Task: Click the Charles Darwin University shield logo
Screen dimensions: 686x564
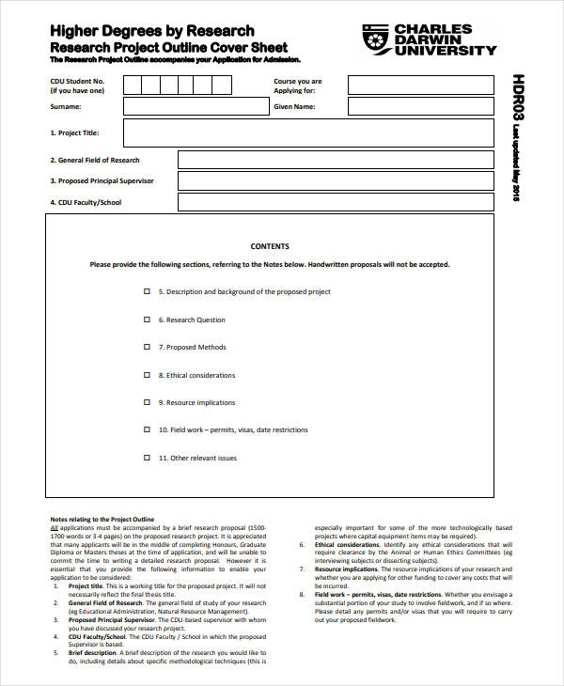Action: coord(372,39)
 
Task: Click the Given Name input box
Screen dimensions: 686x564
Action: coord(420,107)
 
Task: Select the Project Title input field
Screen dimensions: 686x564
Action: coord(308,133)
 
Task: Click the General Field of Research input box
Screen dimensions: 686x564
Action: coord(336,160)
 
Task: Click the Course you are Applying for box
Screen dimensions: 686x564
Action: coord(420,86)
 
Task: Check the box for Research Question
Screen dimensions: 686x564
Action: coord(146,320)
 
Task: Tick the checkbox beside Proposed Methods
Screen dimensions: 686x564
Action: coord(146,348)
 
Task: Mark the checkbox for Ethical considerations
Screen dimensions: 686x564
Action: coord(146,375)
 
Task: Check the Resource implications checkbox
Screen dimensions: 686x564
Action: coord(146,402)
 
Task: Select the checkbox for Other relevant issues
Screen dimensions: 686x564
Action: coord(146,458)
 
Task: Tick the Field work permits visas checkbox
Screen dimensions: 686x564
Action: coord(146,429)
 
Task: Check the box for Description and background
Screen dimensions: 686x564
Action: coord(146,292)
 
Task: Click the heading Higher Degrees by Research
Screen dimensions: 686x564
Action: coord(151,31)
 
